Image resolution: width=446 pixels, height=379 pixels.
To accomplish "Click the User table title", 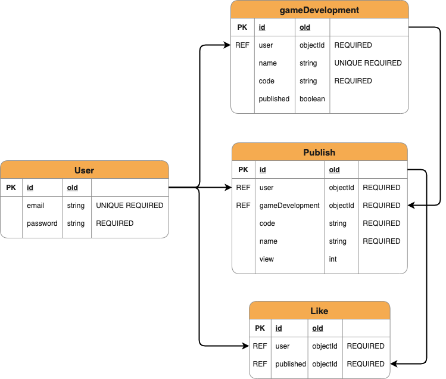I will click(x=84, y=170).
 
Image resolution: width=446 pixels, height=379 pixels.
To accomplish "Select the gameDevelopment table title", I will click(x=319, y=10).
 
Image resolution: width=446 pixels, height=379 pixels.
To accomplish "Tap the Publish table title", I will click(x=319, y=152).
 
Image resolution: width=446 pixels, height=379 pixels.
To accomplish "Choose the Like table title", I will click(x=319, y=310).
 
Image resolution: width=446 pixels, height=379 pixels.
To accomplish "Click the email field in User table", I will click(x=36, y=206).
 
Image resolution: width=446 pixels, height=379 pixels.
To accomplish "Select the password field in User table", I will click(x=42, y=223).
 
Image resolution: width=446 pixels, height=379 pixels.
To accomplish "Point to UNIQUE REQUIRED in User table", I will click(x=129, y=206).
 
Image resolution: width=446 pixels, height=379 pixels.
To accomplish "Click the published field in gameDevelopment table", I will click(x=274, y=99).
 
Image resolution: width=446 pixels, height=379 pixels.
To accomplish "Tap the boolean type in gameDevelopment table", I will click(x=312, y=99).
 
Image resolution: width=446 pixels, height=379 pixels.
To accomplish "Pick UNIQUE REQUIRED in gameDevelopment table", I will click(x=367, y=63).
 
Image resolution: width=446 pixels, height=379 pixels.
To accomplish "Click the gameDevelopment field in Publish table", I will click(x=289, y=206).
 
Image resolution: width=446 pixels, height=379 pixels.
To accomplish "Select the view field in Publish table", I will click(x=267, y=259).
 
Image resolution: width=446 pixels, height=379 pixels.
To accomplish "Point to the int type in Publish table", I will click(x=333, y=259).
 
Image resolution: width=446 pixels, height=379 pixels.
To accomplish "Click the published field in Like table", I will click(x=291, y=364).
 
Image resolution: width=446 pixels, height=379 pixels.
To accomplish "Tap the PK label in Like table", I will click(x=260, y=328).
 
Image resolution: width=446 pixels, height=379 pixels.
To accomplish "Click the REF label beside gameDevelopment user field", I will click(x=242, y=45).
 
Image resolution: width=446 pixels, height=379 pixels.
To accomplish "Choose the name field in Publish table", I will click(x=269, y=241).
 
